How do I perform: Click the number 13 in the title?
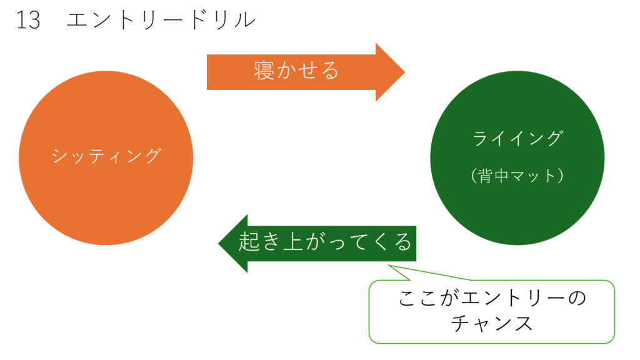pos(28,21)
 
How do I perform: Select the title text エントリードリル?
pos(161,21)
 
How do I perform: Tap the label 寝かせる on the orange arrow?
pos(296,70)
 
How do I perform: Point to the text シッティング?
pos(106,156)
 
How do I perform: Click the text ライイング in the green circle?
pos(517,139)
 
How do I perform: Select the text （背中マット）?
pos(517,176)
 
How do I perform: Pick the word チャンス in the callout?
pos(492,324)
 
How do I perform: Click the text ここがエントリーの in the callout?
pos(492,298)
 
